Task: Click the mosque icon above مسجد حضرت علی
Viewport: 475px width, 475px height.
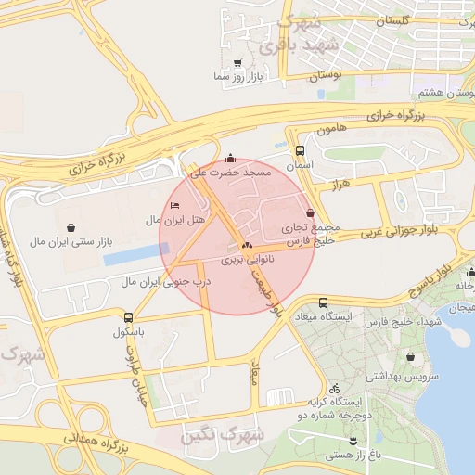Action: point(231,158)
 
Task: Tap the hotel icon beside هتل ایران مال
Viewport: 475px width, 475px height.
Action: point(176,205)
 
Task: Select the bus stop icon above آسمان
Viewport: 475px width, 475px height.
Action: point(300,150)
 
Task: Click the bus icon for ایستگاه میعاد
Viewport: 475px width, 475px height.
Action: point(323,302)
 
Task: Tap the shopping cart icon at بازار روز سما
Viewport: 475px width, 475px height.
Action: point(238,63)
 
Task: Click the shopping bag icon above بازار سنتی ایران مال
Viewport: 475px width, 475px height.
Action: point(71,226)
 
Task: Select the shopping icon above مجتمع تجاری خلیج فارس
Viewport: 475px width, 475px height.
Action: point(309,212)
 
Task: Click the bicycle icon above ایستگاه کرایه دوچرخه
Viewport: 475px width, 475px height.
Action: point(334,388)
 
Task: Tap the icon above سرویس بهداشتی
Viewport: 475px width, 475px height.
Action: point(411,356)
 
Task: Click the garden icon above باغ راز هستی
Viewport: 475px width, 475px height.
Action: point(353,440)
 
